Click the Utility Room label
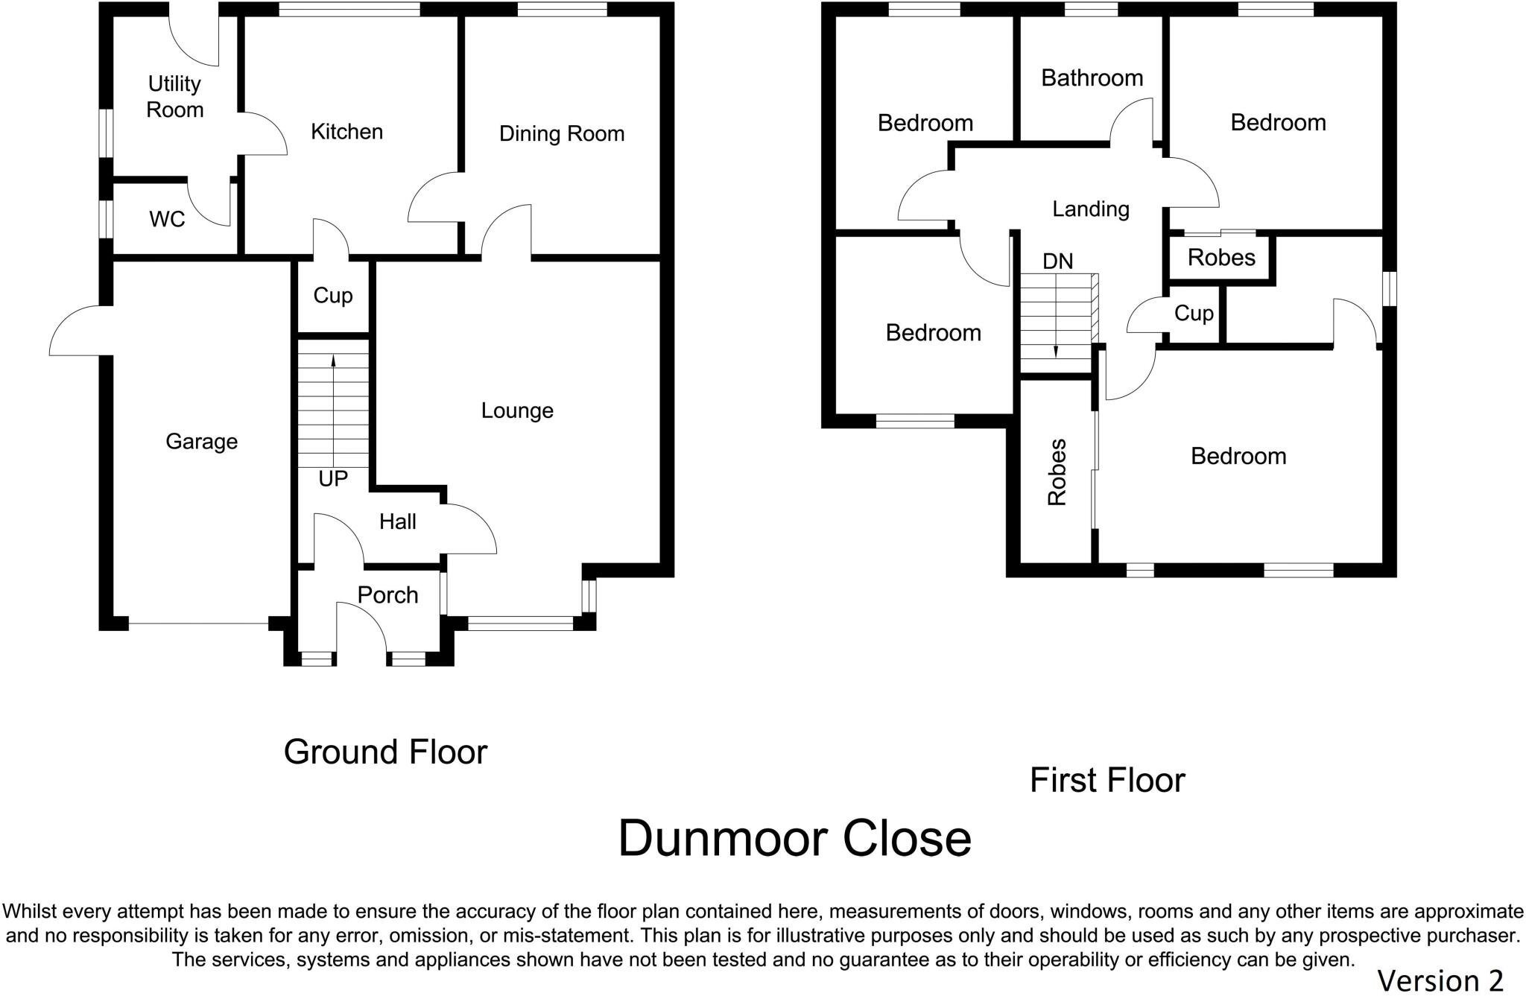click(x=174, y=97)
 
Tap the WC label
click(x=167, y=219)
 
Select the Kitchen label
click(x=346, y=132)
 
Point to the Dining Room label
click(x=561, y=134)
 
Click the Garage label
click(x=201, y=442)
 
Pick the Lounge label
click(x=517, y=410)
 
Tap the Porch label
click(x=387, y=595)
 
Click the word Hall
click(x=397, y=521)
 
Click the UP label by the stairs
click(x=332, y=479)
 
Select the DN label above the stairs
click(x=1057, y=261)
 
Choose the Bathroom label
click(x=1092, y=78)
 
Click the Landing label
click(x=1090, y=209)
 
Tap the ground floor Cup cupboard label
click(x=332, y=296)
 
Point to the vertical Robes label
click(x=1057, y=472)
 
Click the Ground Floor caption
click(x=385, y=752)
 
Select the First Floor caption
click(x=1106, y=781)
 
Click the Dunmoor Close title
click(x=794, y=839)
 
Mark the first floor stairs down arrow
click(x=1056, y=328)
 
